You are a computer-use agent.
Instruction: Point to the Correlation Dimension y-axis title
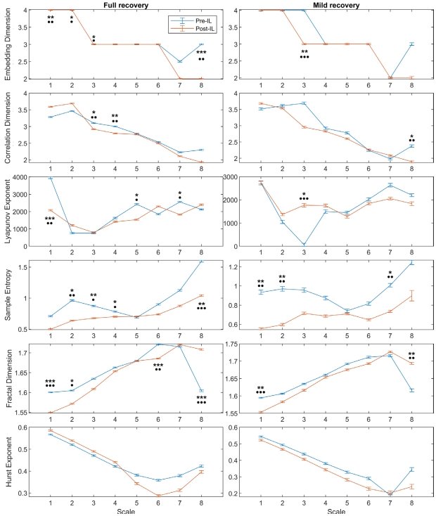7,127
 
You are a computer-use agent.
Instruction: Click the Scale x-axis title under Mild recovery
326,511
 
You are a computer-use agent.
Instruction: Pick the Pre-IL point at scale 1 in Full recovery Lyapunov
50,179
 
